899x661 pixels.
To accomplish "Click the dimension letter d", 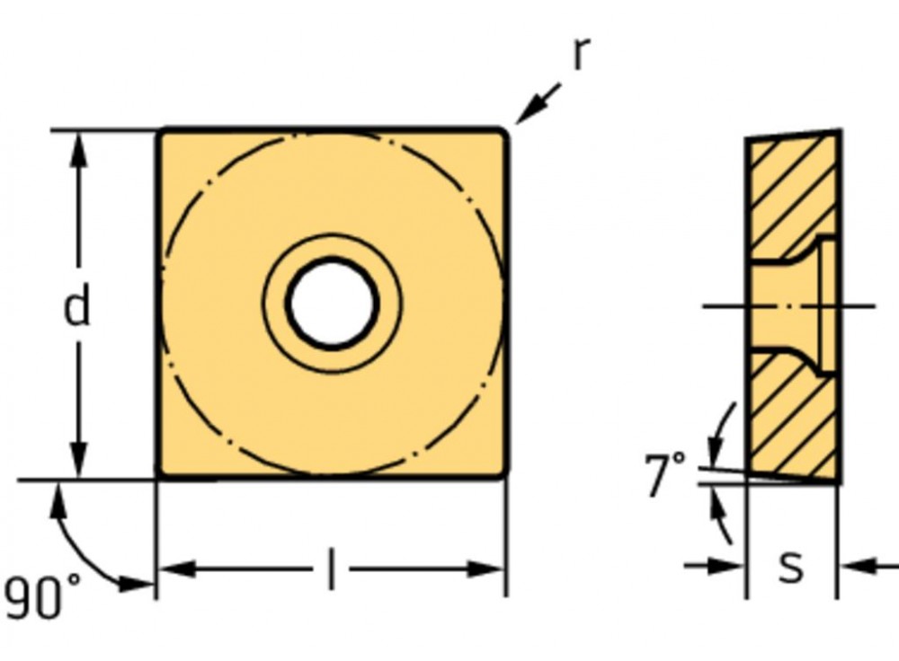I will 77,308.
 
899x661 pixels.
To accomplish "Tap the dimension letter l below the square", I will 331,569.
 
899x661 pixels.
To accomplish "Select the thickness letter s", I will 791,567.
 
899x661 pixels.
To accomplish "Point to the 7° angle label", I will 665,474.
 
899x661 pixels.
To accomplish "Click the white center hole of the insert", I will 332,304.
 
